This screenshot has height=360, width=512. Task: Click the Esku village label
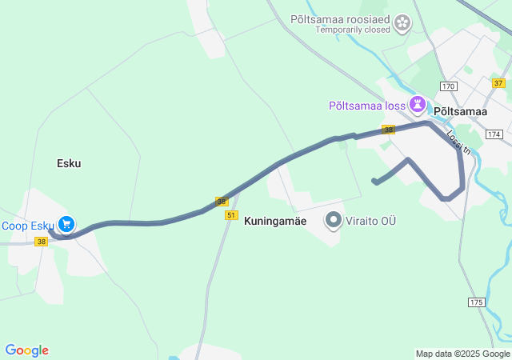coord(69,163)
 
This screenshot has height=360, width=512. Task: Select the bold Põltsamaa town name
coord(460,112)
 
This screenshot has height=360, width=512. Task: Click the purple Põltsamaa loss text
coord(367,106)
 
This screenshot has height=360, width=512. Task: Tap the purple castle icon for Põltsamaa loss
coord(417,104)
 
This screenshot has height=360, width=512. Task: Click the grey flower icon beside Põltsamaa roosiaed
coord(403,23)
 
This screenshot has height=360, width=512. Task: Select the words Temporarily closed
coord(353,30)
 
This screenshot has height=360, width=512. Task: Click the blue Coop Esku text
coord(26,226)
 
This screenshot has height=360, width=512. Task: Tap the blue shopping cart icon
coord(67,226)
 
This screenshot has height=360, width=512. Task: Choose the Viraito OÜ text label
coord(372,220)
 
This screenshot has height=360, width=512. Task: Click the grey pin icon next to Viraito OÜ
coord(334,220)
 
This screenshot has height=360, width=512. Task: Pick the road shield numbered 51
coord(231,215)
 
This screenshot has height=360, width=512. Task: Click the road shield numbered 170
coord(447,86)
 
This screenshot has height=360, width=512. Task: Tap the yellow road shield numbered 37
coord(498,83)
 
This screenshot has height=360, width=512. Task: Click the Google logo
coord(26,350)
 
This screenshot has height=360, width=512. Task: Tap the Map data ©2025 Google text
coord(462,354)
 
